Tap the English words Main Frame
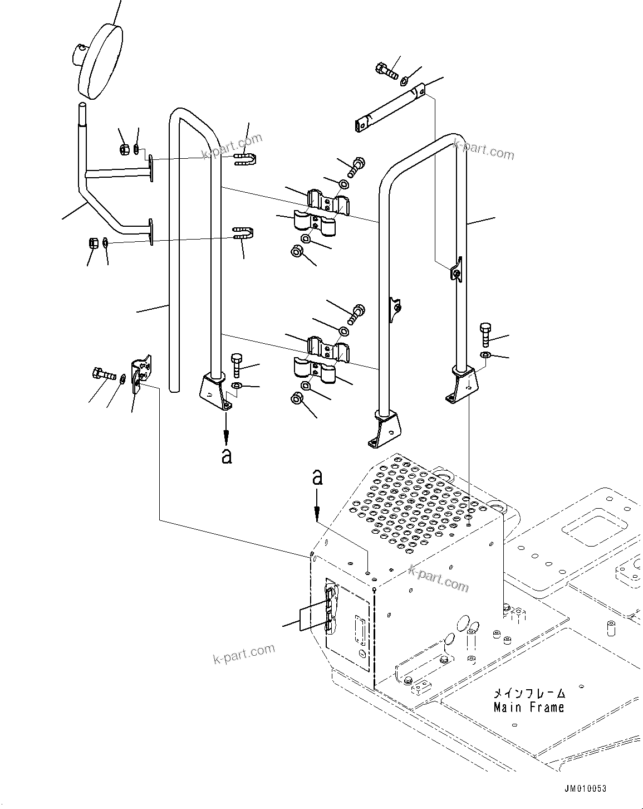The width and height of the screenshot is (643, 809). tap(528, 708)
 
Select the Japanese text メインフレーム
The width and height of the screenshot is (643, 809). tap(529, 694)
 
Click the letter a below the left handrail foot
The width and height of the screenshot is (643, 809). tap(226, 456)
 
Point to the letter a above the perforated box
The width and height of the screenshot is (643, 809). tap(317, 477)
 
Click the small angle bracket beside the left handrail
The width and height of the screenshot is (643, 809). tap(139, 374)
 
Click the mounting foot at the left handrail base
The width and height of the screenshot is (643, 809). tap(216, 392)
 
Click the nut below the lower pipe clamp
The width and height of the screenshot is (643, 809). tap(297, 399)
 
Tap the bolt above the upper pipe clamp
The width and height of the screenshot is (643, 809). tap(357, 165)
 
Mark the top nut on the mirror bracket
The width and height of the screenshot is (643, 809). tap(125, 149)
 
